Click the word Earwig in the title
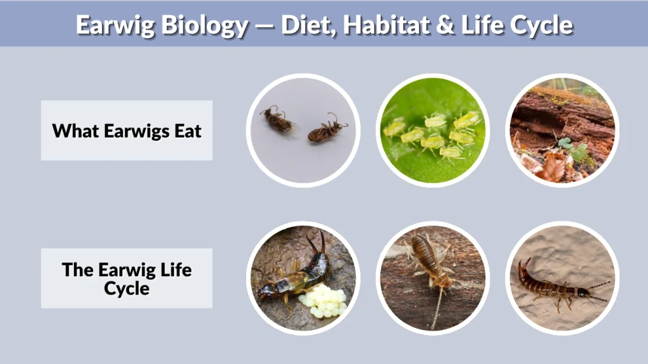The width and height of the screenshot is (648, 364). click(110, 25)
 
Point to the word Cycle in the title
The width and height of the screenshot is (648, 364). click(540, 25)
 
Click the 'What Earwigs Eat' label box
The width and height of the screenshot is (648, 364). click(127, 130)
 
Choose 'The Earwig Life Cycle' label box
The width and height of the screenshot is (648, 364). click(127, 278)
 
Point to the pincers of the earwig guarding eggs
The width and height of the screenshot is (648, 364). click(316, 243)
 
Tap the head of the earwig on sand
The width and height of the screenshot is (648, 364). click(580, 292)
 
